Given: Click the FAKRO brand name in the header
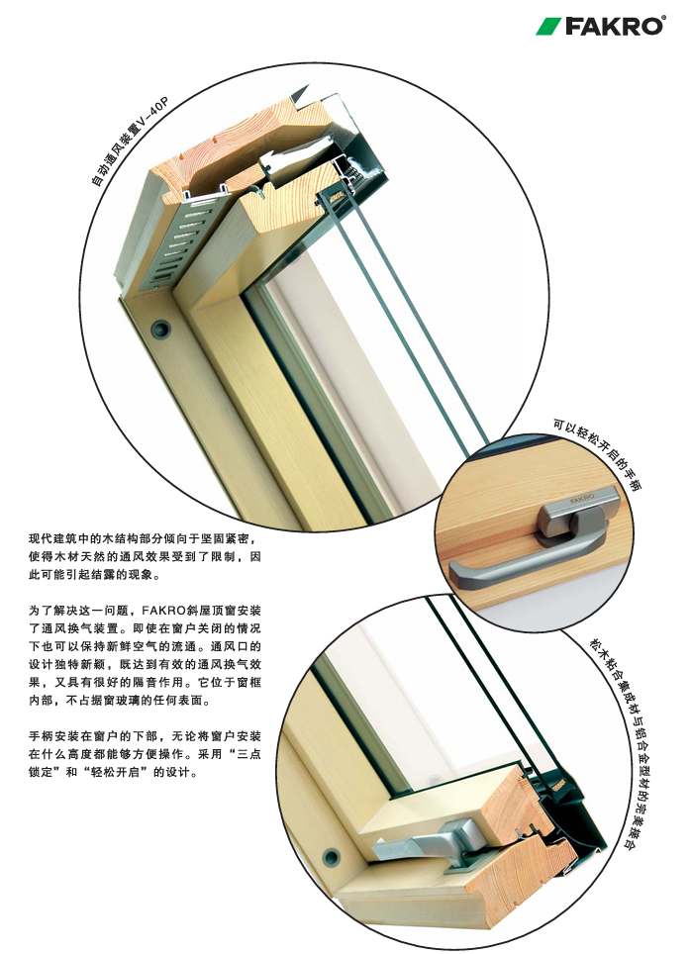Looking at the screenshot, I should coord(614,27).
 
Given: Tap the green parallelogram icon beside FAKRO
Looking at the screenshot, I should coord(548,27).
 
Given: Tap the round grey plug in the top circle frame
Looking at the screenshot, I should coord(158,326).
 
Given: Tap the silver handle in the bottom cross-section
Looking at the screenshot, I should coord(426,846).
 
